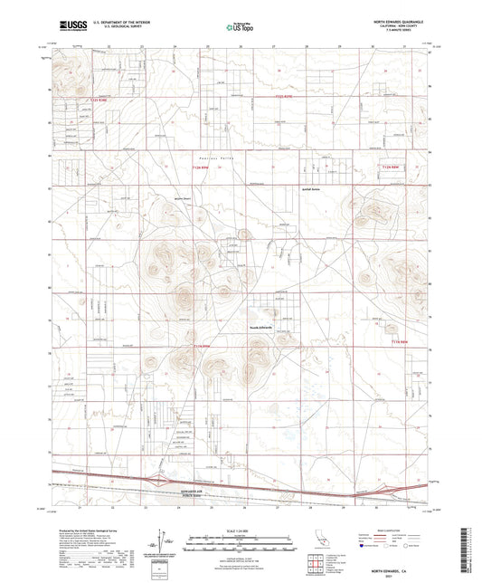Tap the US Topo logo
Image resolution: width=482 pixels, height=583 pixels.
coord(238,27)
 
